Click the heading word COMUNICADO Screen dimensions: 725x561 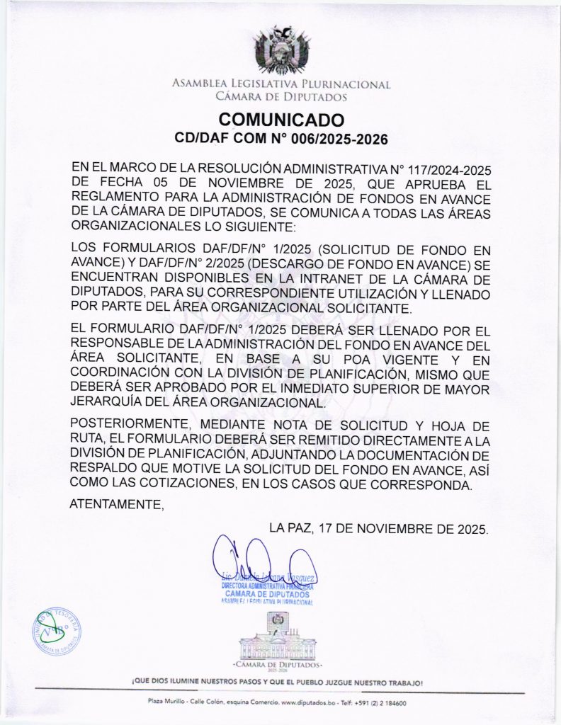281,119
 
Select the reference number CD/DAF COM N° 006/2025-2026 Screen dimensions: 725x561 281,139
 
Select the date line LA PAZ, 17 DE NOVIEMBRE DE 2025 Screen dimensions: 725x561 379,528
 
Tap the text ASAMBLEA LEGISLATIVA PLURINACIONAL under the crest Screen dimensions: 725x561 281,84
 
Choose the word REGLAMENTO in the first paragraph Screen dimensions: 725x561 118,198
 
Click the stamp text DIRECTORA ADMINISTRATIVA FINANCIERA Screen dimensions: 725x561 268,587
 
